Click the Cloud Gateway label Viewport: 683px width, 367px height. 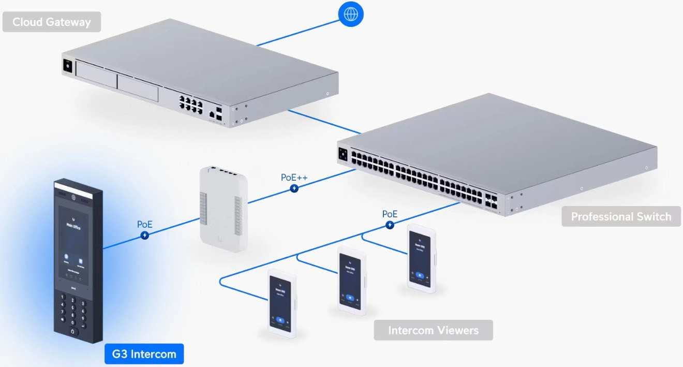coord(51,22)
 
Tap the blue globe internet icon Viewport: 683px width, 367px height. coord(351,13)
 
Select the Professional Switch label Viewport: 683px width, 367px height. coord(621,216)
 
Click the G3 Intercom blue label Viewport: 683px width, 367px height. coord(144,355)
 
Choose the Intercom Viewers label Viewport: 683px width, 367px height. coord(433,330)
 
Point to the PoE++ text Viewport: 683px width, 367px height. coord(294,178)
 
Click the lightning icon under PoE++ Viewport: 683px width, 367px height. coord(294,189)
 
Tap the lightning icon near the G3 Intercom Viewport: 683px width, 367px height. coord(145,236)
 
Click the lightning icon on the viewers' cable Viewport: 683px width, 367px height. coord(390,225)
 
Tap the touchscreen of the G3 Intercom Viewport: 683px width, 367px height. coord(73,243)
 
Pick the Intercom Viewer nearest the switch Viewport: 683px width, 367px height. coord(421,258)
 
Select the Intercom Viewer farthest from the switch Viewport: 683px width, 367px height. coord(282,304)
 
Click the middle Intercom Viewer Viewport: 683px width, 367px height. coord(352,281)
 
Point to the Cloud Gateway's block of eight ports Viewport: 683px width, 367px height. coord(191,101)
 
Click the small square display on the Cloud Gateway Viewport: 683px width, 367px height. coord(67,66)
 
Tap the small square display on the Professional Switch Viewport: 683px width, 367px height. coord(343,154)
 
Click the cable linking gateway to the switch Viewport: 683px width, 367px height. coord(324,121)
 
